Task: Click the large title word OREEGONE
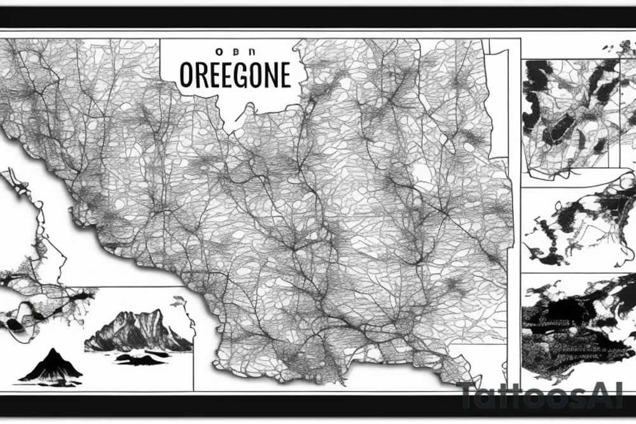(x=235, y=75)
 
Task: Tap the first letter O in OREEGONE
(x=186, y=75)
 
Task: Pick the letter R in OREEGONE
(x=201, y=75)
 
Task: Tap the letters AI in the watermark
(x=614, y=396)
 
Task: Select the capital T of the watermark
(x=469, y=396)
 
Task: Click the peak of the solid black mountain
(x=50, y=350)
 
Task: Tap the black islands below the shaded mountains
(x=140, y=359)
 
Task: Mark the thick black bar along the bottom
(x=318, y=404)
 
